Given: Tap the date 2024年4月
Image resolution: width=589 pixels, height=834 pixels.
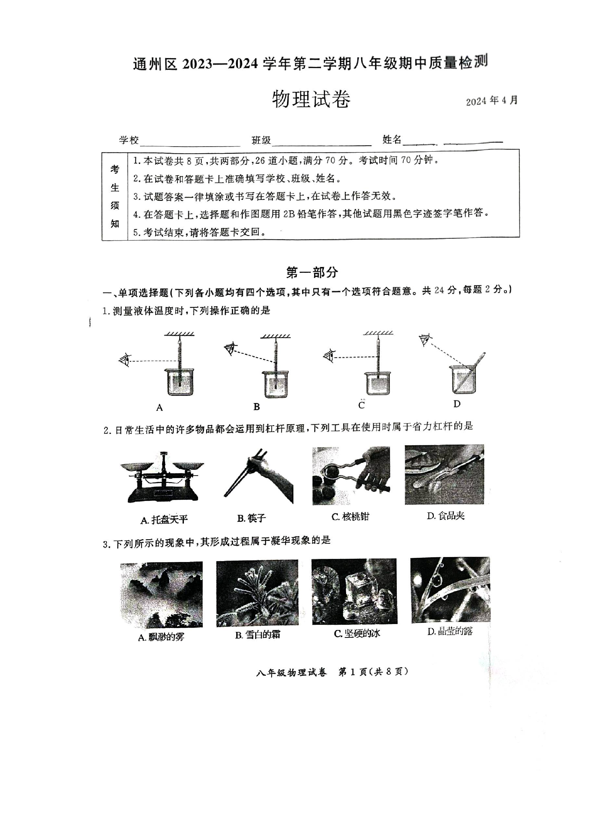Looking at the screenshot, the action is [x=492, y=101].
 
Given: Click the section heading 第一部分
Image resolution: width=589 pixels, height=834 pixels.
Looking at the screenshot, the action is [x=312, y=272].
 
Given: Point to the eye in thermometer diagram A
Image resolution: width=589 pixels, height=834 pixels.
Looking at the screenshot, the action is [x=125, y=360].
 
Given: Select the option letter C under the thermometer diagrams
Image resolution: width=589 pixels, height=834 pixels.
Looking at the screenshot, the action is [x=361, y=405].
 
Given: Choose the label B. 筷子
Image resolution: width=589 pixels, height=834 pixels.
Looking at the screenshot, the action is [x=251, y=518].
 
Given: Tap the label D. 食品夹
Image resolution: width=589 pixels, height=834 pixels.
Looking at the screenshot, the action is [x=446, y=515].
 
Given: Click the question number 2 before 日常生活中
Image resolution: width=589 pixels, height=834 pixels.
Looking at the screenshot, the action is [x=106, y=431].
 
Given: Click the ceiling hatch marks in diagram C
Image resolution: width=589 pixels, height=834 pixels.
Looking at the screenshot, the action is [x=378, y=333].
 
